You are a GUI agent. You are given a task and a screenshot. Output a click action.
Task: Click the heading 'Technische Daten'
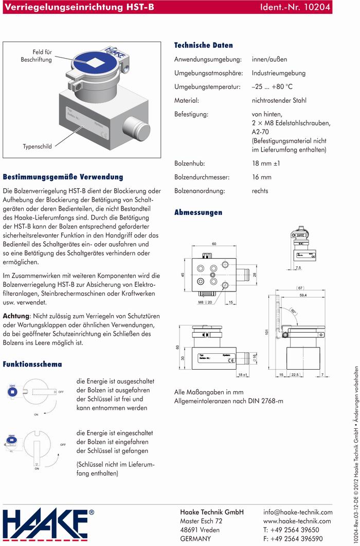click(x=204, y=45)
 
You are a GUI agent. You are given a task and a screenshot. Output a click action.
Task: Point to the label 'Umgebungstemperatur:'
click(x=207, y=87)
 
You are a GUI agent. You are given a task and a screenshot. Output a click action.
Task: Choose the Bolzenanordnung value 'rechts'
click(x=260, y=191)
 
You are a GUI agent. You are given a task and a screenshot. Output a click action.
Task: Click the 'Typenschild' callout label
click(x=37, y=147)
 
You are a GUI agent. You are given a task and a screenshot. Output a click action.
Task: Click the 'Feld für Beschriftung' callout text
click(x=37, y=56)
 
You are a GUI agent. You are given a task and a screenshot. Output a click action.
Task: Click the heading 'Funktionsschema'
click(x=32, y=364)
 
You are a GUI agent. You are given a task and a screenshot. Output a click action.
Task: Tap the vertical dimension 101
click(x=267, y=332)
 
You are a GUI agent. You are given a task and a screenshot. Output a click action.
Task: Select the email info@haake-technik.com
click(x=298, y=513)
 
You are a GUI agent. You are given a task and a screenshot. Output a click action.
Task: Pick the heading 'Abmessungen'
click(x=199, y=212)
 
